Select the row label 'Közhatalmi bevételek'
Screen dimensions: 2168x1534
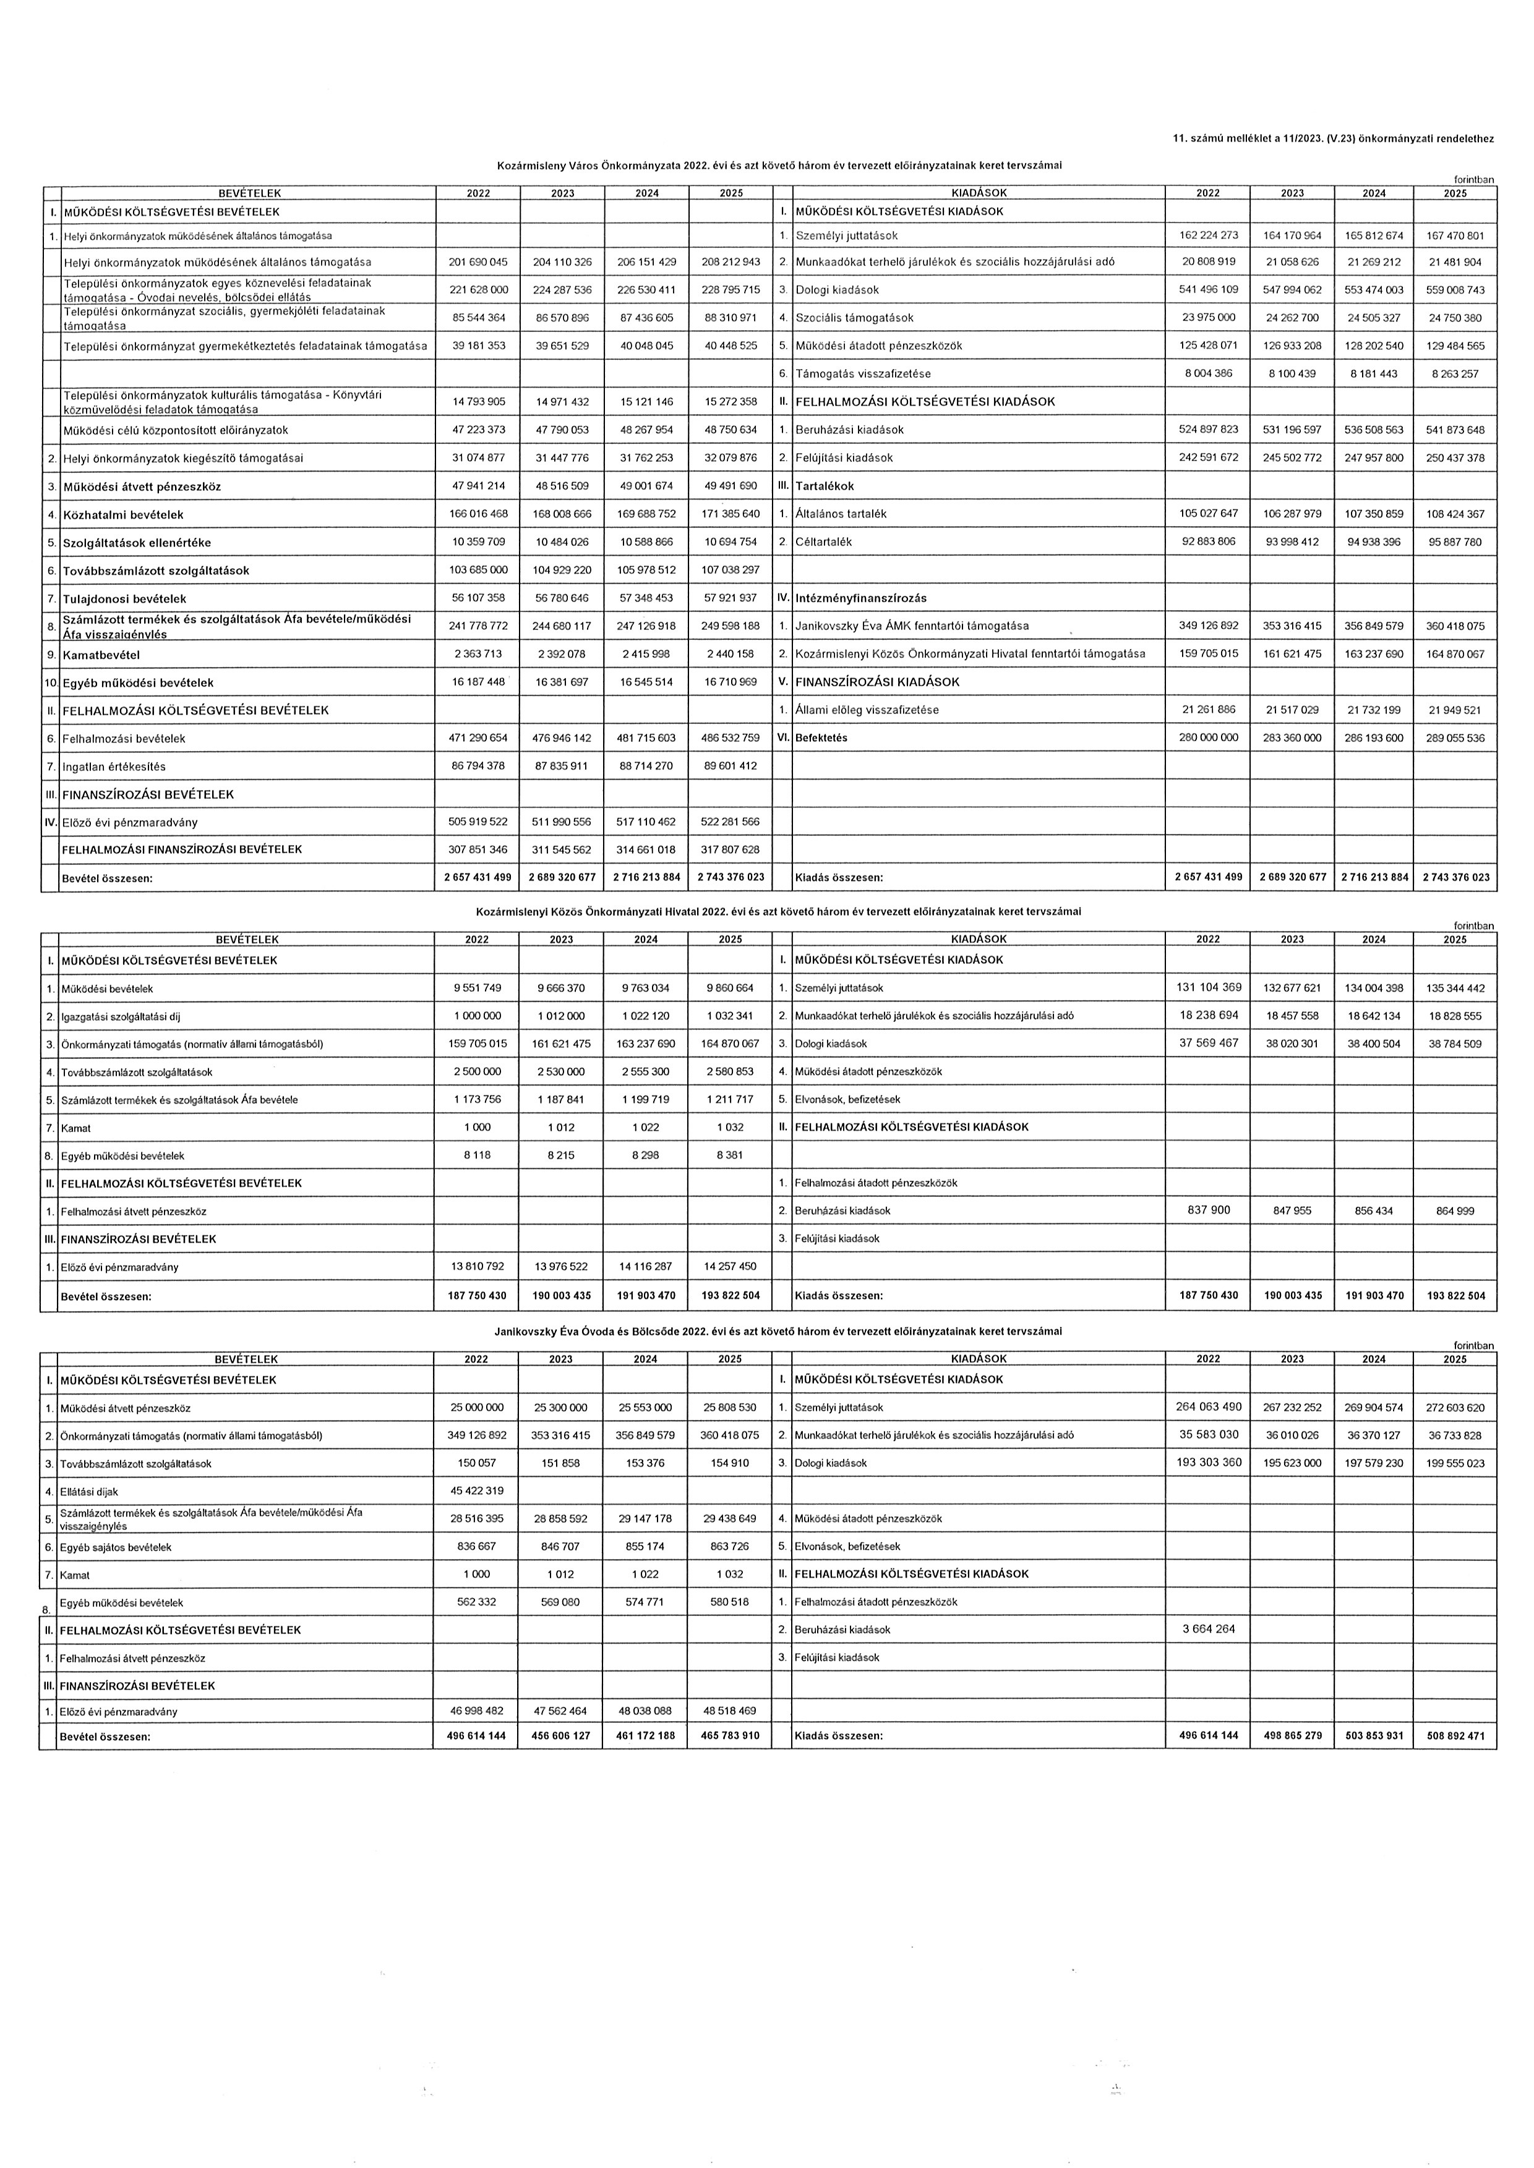(x=123, y=514)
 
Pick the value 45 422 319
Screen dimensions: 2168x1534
(x=476, y=1491)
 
